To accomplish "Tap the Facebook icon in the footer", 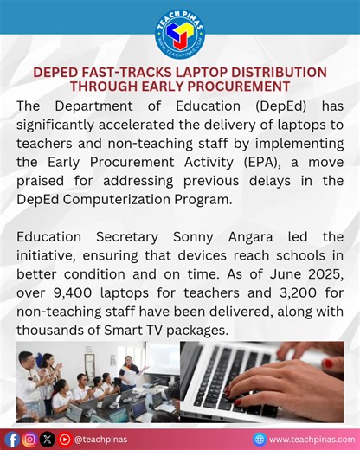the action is [x=12, y=439].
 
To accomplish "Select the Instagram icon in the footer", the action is [x=29, y=439].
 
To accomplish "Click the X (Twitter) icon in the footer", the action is [x=47, y=439].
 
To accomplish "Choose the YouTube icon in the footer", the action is [x=64, y=439].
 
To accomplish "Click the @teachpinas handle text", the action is [x=100, y=439].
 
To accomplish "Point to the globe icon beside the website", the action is [x=260, y=439].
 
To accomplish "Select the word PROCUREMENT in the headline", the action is [x=242, y=87].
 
